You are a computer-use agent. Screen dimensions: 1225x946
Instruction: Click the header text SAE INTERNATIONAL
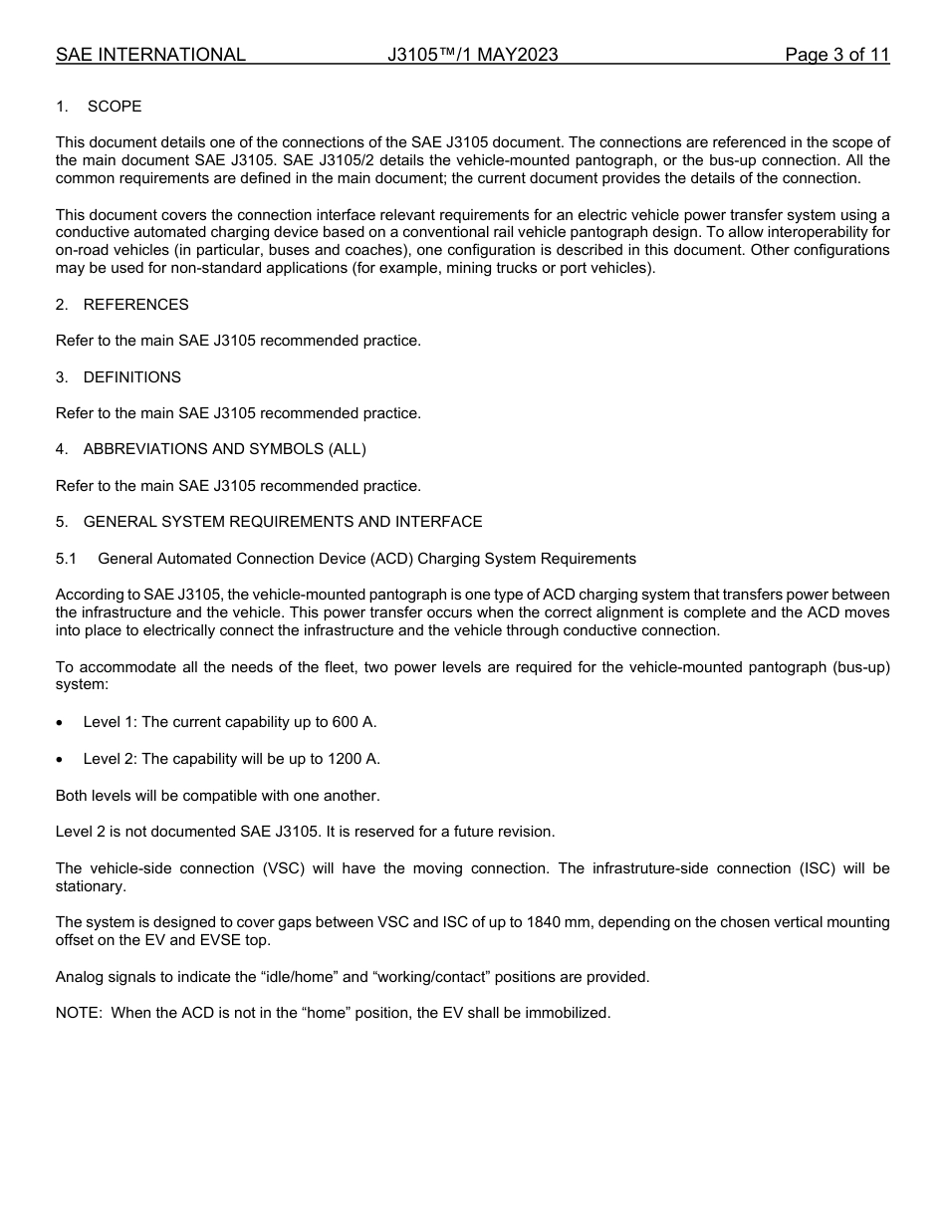(x=150, y=55)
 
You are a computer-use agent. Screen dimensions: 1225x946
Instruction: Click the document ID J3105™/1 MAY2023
(x=473, y=55)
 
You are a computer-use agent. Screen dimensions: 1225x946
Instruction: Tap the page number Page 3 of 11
(x=836, y=55)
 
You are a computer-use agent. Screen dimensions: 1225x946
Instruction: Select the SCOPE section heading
(x=115, y=107)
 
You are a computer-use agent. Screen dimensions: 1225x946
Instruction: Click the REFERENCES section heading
(x=135, y=305)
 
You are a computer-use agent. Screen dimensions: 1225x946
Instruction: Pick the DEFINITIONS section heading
(x=131, y=377)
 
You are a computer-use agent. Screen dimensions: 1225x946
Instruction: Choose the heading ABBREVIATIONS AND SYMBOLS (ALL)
(x=224, y=449)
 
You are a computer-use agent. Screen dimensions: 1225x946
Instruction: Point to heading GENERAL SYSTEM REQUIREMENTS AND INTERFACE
(x=282, y=522)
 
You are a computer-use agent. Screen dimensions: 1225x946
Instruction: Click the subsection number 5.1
(x=66, y=559)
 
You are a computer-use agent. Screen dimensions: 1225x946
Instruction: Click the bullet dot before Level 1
(x=62, y=723)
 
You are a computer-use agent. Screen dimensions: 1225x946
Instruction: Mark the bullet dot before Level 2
(x=62, y=760)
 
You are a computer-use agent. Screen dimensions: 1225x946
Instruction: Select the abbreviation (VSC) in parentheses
(x=282, y=868)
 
